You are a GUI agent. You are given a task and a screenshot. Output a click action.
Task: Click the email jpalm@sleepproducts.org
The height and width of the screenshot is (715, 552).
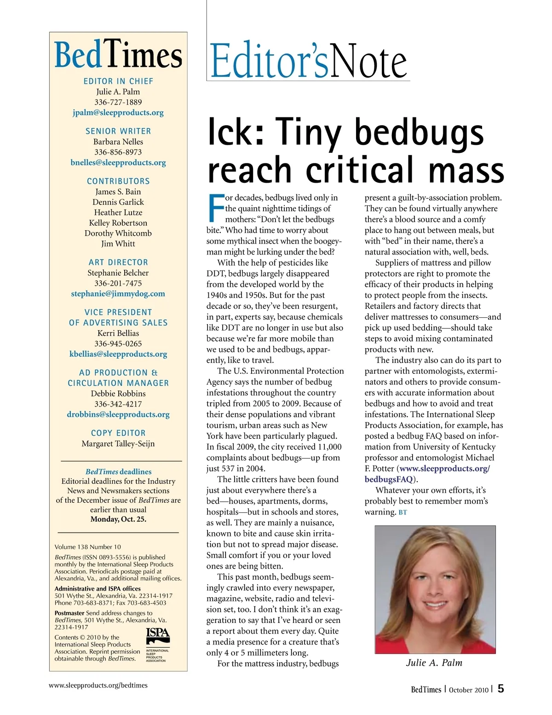tap(118, 112)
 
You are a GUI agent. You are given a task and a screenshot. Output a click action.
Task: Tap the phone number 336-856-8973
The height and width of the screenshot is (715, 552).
tap(118, 152)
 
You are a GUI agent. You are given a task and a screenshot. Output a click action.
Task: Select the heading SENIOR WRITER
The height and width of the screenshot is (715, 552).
tap(118, 131)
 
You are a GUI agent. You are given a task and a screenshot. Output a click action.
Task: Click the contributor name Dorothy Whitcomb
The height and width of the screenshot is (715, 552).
tap(118, 233)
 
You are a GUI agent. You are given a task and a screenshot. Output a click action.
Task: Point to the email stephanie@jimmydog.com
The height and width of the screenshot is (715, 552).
tap(118, 293)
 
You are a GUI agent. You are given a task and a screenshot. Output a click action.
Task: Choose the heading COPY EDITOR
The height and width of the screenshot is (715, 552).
tap(118, 433)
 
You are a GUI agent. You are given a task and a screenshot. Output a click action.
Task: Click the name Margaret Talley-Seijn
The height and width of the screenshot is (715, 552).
tap(118, 443)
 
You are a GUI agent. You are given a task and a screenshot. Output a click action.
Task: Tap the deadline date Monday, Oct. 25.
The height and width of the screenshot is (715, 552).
tap(118, 519)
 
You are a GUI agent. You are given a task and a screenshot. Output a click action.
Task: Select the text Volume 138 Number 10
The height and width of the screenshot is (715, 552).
tap(88, 547)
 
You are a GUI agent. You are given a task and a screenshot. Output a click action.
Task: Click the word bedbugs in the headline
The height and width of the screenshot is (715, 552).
tap(419, 133)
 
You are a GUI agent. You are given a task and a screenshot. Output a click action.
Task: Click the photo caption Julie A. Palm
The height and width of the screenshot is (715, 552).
tap(434, 663)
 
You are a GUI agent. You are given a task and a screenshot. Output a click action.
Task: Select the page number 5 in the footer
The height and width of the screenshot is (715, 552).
tap(500, 689)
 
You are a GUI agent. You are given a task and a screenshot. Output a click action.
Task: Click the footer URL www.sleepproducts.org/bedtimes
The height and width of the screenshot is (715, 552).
tap(98, 685)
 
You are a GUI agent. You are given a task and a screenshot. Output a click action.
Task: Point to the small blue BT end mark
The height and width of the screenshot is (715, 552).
tap(402, 512)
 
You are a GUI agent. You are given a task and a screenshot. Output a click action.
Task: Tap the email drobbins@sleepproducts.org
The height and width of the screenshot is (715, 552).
tap(118, 414)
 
